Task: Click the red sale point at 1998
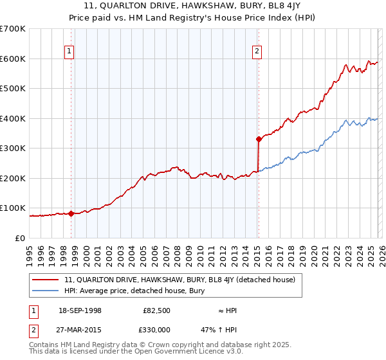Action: tap(71, 213)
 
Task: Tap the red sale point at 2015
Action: tap(259, 139)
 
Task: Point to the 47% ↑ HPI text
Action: tap(228, 330)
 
